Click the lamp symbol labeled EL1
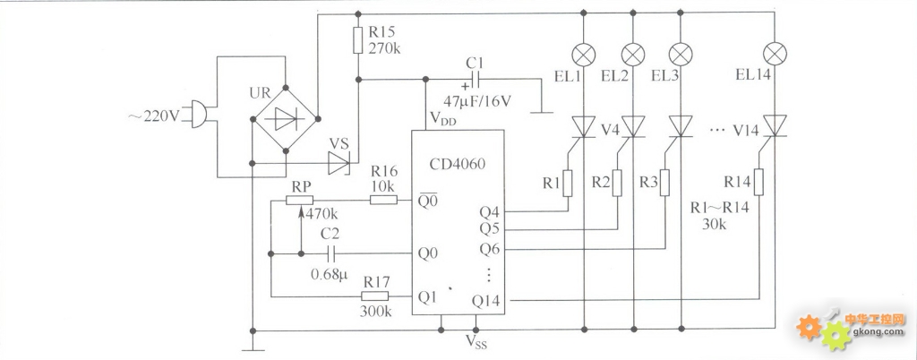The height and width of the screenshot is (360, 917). (584, 55)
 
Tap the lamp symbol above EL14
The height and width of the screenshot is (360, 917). (775, 55)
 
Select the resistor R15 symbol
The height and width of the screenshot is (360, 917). (358, 40)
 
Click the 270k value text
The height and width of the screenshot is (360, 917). (385, 48)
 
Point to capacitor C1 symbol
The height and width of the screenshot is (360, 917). (475, 79)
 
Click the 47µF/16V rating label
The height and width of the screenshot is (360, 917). (477, 100)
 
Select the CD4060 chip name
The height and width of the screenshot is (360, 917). (458, 164)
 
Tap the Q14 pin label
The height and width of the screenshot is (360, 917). (486, 301)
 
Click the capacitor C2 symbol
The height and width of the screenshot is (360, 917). (331, 253)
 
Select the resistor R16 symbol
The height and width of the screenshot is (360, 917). (383, 200)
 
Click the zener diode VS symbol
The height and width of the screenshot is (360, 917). (339, 163)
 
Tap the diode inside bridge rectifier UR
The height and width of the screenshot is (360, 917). (286, 119)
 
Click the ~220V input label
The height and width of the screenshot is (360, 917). (154, 116)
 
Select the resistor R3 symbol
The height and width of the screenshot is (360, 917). (664, 183)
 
